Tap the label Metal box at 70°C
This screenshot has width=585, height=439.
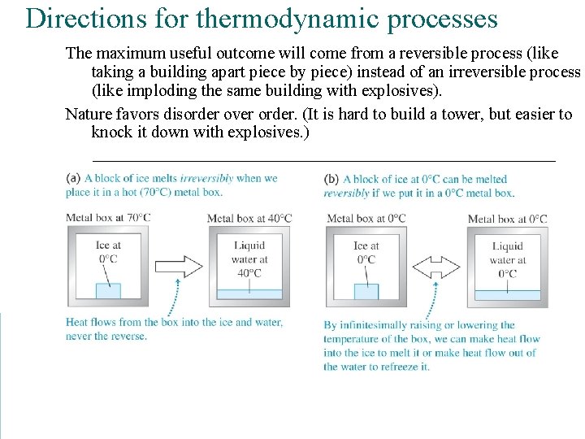tap(108, 218)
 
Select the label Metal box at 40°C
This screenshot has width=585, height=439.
tap(249, 218)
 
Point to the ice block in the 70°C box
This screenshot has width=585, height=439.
tap(108, 290)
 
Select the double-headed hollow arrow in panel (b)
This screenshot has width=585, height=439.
tap(436, 267)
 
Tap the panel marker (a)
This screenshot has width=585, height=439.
tap(73, 178)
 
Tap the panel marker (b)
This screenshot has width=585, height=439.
tap(331, 179)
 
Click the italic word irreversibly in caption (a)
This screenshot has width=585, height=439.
tap(206, 178)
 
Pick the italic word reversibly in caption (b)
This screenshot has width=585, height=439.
tap(346, 193)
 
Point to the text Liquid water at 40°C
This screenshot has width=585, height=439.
tap(249, 259)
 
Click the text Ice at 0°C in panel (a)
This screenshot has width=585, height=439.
tap(108, 252)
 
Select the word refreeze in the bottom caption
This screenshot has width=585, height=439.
tap(396, 367)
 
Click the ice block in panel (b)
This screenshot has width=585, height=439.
tap(366, 291)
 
